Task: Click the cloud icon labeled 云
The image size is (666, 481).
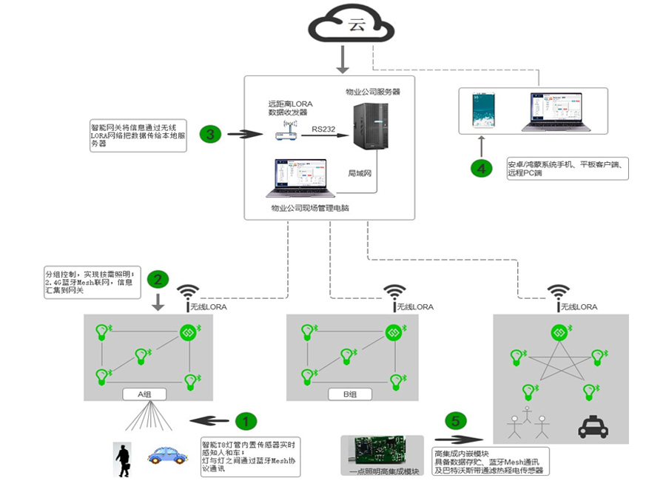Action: pyautogui.click(x=352, y=26)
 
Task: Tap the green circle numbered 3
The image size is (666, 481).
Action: pyautogui.click(x=211, y=135)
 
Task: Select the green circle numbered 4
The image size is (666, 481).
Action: pyautogui.click(x=482, y=169)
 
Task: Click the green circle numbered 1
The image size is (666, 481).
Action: pyautogui.click(x=246, y=421)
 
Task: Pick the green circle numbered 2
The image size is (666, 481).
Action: pyautogui.click(x=157, y=280)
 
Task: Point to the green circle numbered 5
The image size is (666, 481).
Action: pyautogui.click(x=456, y=421)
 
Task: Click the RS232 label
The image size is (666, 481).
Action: pyautogui.click(x=322, y=129)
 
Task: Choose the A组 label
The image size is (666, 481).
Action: pyautogui.click(x=144, y=394)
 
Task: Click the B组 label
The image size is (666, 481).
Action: pyautogui.click(x=349, y=394)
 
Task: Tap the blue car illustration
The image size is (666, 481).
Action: pyautogui.click(x=167, y=453)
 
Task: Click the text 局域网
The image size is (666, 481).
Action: pyautogui.click(x=360, y=173)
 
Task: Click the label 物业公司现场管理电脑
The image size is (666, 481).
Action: pyautogui.click(x=310, y=209)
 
